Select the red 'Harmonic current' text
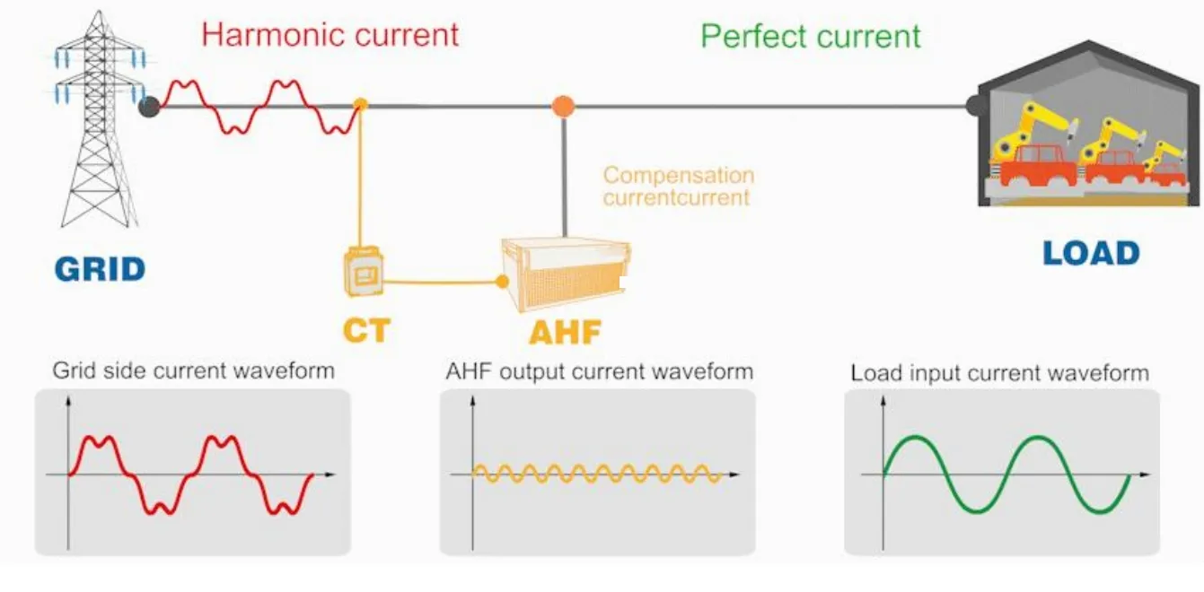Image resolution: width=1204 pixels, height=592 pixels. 330,35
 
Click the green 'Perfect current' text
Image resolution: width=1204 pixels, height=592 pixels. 810,37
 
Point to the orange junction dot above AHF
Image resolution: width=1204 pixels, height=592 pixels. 563,106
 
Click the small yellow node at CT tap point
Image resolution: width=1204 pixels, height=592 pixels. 360,104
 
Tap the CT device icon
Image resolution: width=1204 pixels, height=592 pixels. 365,273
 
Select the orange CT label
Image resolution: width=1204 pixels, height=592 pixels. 366,330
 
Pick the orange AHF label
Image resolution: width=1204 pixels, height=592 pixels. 564,332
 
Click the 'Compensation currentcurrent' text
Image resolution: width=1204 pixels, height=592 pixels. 678,187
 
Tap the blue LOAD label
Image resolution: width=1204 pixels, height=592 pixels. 1090,254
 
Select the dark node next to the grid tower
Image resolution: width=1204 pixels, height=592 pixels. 150,108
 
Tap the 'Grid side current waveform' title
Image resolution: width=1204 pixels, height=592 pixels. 193,370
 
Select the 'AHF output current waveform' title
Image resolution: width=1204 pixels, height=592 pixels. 599,370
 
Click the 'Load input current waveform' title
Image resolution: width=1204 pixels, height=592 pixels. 999,372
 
